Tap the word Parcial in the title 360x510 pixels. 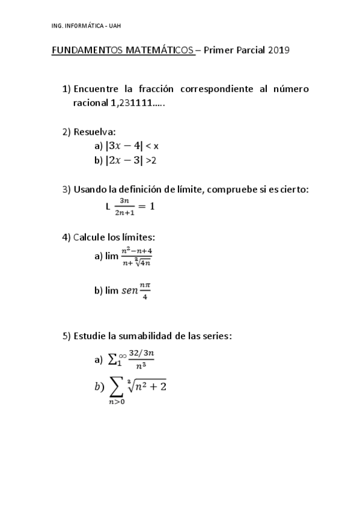248,50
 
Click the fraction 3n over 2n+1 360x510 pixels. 125,206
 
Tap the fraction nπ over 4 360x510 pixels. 144,290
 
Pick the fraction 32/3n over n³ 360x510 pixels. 140,359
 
